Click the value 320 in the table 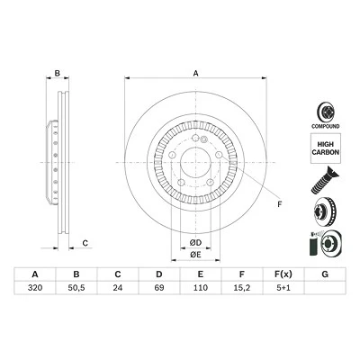[x=35, y=288]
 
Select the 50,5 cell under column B [x=76, y=288]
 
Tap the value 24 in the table [x=118, y=288]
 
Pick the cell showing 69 [x=159, y=288]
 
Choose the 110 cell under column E [x=201, y=288]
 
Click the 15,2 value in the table [x=242, y=288]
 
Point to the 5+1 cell [x=283, y=288]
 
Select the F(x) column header [x=283, y=274]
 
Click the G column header [x=325, y=274]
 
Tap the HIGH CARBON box [x=325, y=148]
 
